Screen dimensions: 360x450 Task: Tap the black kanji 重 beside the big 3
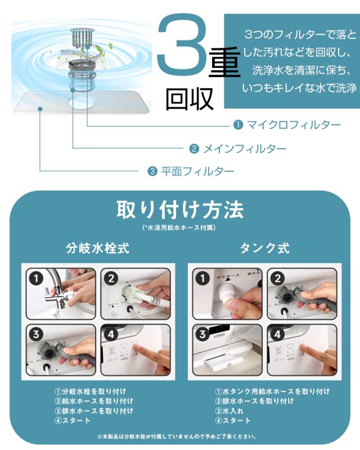(x=225, y=62)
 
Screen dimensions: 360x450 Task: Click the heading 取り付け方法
(x=180, y=210)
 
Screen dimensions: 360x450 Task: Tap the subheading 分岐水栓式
(x=98, y=248)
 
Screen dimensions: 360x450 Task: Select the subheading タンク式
(x=265, y=248)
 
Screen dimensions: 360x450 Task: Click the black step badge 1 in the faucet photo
(x=36, y=278)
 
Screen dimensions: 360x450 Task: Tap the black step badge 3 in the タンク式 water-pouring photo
(x=202, y=334)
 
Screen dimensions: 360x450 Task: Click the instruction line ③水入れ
(x=229, y=411)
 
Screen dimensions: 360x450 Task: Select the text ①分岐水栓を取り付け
(x=90, y=391)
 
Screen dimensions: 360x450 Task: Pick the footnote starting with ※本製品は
(x=177, y=436)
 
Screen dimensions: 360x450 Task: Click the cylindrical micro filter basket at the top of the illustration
(x=82, y=37)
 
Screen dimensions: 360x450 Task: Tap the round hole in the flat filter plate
(x=81, y=103)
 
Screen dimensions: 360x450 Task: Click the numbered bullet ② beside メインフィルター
(x=194, y=148)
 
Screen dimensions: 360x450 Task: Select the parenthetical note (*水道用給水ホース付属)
(x=179, y=228)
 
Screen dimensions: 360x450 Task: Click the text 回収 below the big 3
(x=190, y=99)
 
